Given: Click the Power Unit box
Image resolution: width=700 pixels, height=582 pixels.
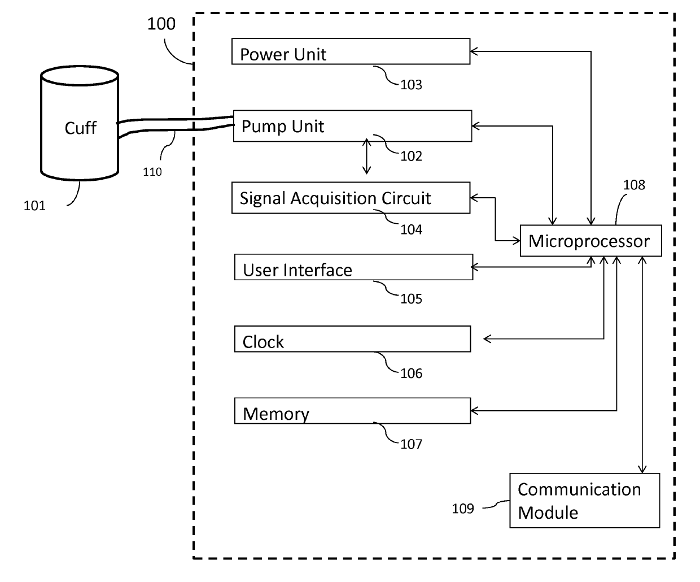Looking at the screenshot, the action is [351, 51].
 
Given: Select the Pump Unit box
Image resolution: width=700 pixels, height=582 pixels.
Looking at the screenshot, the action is [352, 126].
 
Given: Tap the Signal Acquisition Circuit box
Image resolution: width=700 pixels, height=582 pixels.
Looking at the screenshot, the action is [351, 198].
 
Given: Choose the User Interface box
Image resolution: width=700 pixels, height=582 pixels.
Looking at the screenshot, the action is [354, 267].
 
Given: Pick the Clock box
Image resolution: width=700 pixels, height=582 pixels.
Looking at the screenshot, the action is [352, 338].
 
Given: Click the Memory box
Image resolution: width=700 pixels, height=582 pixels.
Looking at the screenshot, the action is [352, 410].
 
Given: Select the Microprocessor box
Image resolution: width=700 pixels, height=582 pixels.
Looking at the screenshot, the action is [590, 241].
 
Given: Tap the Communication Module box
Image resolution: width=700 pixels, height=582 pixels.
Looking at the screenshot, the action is [585, 501].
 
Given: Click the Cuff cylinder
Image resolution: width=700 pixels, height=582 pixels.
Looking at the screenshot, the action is [80, 123].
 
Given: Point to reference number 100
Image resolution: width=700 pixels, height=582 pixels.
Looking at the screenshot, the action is [161, 24].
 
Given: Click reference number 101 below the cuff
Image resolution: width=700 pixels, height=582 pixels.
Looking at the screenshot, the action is [34, 206].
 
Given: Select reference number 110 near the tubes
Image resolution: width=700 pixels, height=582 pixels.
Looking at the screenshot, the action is [152, 172].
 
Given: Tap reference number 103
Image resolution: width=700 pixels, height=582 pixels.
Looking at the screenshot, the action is [412, 85].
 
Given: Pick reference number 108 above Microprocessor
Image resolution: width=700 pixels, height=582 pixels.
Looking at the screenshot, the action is [634, 185].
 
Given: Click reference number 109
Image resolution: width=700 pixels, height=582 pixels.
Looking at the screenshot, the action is [463, 509].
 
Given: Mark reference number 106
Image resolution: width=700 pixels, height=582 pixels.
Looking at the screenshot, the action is [412, 373].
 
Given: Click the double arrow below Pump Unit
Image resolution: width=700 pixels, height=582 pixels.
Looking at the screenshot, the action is [367, 157].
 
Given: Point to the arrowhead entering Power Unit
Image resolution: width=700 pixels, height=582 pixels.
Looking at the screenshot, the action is [474, 51].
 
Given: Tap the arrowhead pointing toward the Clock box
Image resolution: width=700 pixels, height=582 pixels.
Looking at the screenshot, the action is [487, 339].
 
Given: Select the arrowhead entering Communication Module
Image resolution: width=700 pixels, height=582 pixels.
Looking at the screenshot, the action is [642, 470].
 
